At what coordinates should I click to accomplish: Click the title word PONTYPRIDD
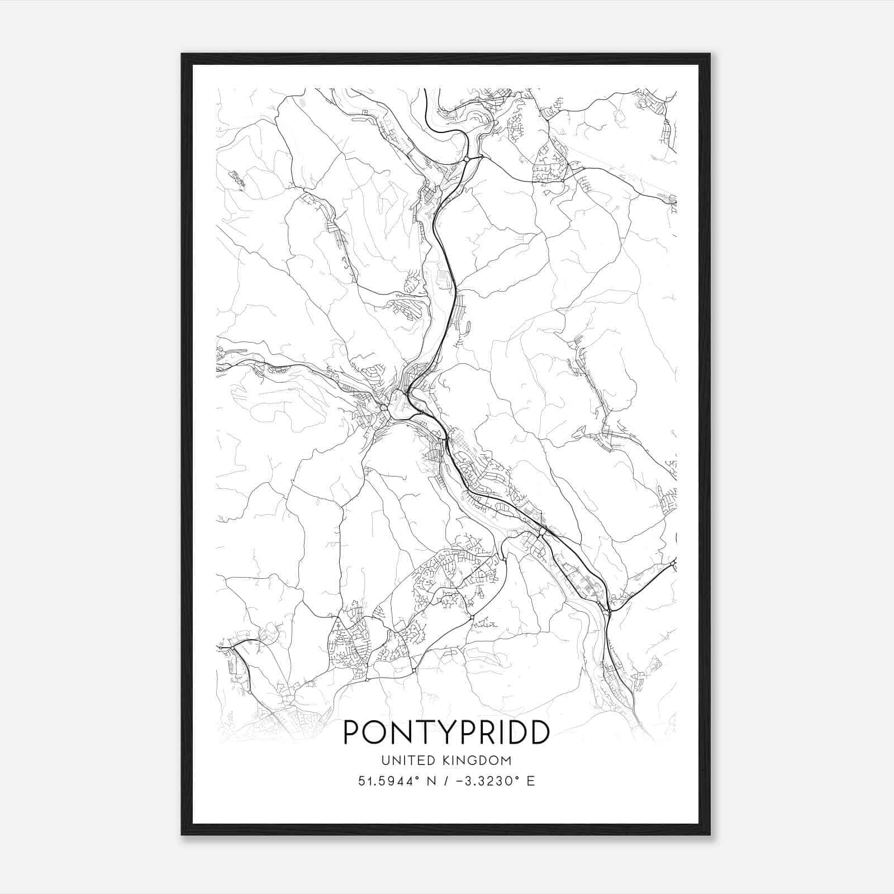446,733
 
